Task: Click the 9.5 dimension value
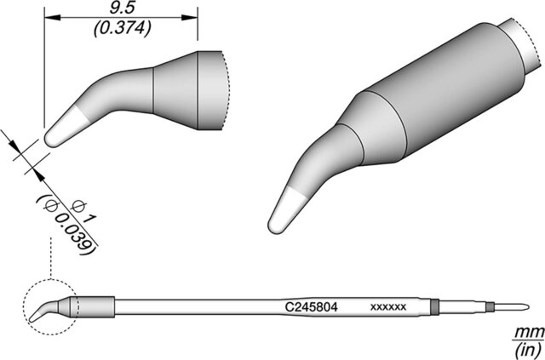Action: [122, 9]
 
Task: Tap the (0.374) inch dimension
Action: [123, 28]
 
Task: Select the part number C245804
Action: [311, 307]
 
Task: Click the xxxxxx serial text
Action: [388, 307]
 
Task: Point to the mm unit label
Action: [530, 333]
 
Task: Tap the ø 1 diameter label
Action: [83, 212]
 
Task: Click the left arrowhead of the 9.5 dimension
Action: [53, 17]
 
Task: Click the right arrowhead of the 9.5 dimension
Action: [190, 17]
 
